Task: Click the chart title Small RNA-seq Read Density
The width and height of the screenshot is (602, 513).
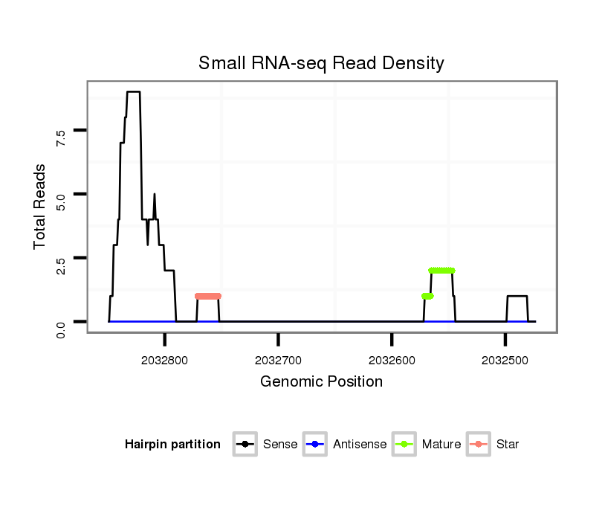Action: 321,64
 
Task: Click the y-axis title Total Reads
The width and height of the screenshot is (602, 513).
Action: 41,206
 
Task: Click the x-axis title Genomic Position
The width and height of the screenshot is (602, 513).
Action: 321,382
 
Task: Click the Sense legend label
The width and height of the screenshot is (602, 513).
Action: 280,445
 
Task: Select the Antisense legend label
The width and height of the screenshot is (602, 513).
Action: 360,445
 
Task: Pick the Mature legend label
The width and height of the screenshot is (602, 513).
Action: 441,445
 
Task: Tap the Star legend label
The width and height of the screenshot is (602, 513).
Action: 508,445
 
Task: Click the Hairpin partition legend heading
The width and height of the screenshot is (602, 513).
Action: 172,445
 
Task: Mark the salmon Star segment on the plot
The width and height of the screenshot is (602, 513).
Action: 208,296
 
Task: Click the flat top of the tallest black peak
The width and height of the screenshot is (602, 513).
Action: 133,92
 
